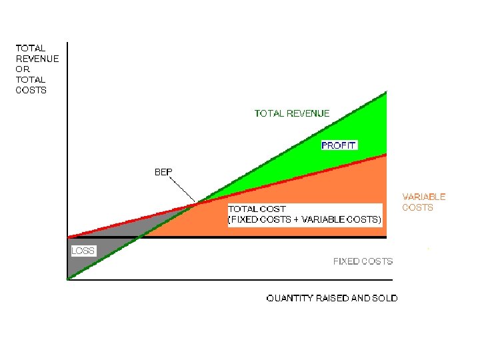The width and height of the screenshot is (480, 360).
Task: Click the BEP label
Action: [163, 172]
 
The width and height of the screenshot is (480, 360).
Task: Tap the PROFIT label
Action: [339, 145]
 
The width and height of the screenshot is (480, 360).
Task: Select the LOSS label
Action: [83, 251]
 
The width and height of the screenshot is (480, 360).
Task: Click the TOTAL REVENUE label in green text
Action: [291, 113]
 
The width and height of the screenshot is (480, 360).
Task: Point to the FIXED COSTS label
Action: [363, 261]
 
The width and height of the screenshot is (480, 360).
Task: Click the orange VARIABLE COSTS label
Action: [423, 202]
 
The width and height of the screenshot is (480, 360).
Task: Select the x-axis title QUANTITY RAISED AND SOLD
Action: [331, 298]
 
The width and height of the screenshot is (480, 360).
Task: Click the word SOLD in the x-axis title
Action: [384, 298]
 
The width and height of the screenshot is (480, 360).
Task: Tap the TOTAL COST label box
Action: [305, 214]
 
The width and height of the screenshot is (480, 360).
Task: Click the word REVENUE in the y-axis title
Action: [37, 59]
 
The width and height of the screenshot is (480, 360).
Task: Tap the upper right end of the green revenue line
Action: [385, 93]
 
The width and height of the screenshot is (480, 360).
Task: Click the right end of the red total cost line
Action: [385, 155]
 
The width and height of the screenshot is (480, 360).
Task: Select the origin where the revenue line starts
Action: [68, 279]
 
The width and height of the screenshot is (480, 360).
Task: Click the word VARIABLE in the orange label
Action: [423, 197]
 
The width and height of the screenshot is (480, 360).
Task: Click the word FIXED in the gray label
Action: [347, 261]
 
